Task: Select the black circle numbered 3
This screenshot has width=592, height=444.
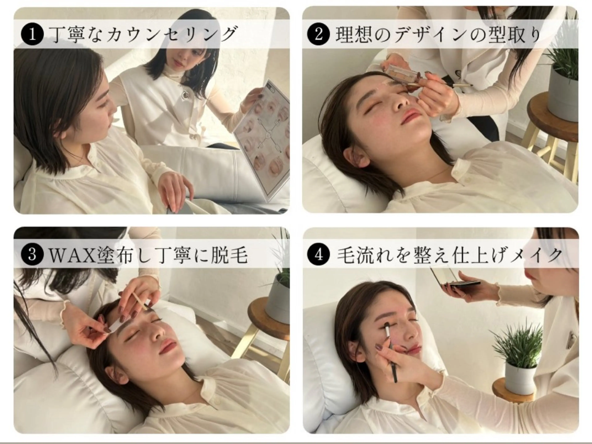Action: (32, 254)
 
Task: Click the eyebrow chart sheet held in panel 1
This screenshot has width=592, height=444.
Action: (264, 139)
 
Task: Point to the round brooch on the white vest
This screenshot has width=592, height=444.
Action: (185, 94)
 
